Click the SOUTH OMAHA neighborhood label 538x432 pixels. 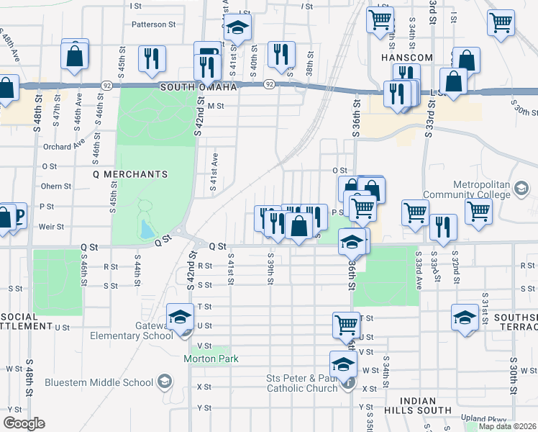tap(198, 87)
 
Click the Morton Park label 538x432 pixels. tap(210, 359)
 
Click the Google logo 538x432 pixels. tap(24, 423)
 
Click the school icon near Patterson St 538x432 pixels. tap(237, 29)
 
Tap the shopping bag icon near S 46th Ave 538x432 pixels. tap(75, 55)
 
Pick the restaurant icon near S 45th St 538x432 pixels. tap(152, 60)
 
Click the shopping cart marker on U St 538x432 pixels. tap(347, 324)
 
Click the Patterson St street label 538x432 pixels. tap(153, 24)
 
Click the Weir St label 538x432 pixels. tap(51, 226)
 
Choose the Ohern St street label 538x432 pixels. tap(56, 186)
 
